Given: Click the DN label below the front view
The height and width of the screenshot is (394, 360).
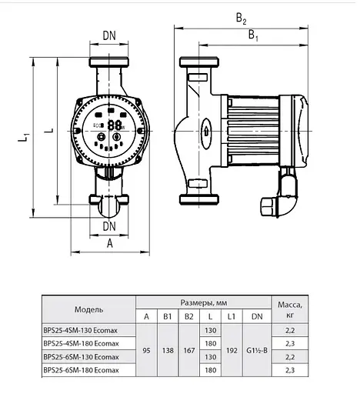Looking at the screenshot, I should (x=108, y=226).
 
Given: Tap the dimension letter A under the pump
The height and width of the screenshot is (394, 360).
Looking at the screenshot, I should (x=109, y=244).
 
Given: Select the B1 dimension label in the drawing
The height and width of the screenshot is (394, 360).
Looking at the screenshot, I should (x=252, y=35).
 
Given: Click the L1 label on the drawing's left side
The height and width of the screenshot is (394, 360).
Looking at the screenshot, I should (x=25, y=137).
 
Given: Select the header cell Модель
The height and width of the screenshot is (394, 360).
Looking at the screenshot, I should (x=89, y=309).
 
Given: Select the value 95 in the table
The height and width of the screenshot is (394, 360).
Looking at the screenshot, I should (x=146, y=350).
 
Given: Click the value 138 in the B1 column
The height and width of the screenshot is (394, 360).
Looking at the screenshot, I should (x=167, y=350).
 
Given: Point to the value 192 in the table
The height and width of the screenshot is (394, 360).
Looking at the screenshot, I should (x=231, y=350).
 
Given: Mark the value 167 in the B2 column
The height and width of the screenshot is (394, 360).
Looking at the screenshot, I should (x=188, y=350).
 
